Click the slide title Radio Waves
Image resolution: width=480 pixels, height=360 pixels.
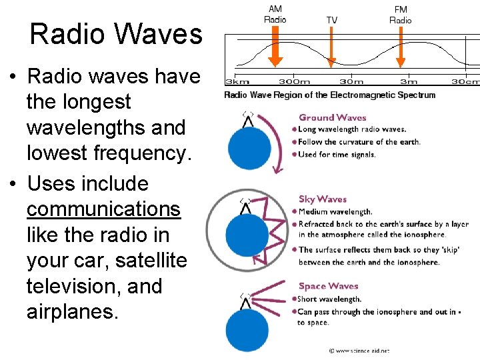click(x=115, y=34)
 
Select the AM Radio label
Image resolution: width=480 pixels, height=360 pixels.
click(x=275, y=14)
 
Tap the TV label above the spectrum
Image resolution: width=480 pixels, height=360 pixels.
click(x=331, y=20)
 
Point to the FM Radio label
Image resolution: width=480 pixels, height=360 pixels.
click(x=401, y=14)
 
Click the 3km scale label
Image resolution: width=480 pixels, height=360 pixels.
click(x=237, y=81)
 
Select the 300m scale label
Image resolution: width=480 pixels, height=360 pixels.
click(x=294, y=81)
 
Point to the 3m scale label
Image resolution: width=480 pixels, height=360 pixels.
click(x=408, y=81)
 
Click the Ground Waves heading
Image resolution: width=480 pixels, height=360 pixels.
click(x=332, y=118)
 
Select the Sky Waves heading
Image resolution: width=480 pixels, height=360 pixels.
click(x=323, y=199)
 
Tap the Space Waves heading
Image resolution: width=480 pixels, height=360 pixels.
click(x=328, y=286)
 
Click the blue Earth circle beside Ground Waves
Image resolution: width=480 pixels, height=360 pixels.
click(x=249, y=148)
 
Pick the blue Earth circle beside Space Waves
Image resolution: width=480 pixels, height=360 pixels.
click(x=247, y=330)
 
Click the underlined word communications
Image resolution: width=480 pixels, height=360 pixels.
click(x=103, y=209)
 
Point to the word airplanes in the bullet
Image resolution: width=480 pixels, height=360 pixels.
click(x=72, y=312)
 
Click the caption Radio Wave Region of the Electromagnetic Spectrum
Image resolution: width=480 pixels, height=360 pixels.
click(x=329, y=95)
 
